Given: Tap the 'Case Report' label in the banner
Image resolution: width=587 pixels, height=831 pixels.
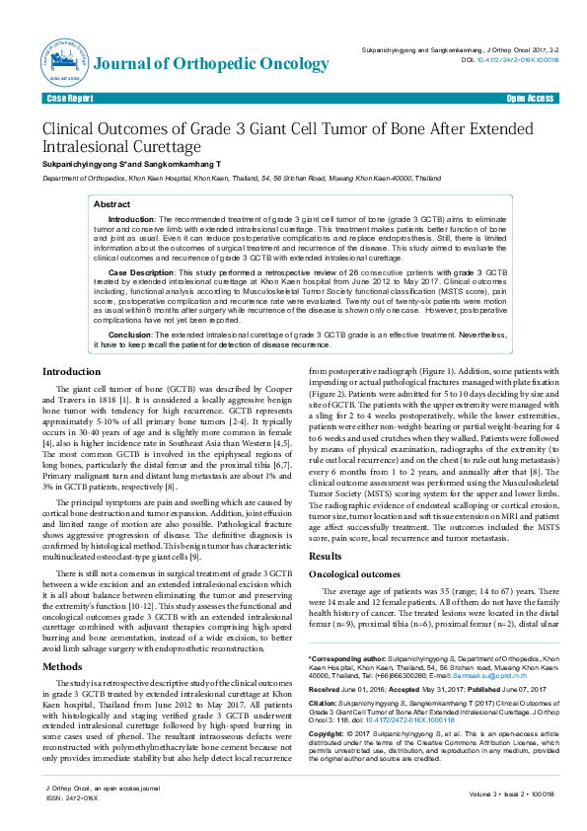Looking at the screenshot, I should pyautogui.click(x=70, y=99).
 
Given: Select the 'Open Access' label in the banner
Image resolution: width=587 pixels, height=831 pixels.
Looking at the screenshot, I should pyautogui.click(x=530, y=99).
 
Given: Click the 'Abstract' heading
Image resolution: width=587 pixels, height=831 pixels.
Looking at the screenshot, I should pyautogui.click(x=111, y=203).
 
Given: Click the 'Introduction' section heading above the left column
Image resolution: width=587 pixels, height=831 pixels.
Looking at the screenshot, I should pyautogui.click(x=70, y=371).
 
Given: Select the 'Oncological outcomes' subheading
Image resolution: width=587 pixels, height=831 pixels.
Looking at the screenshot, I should pyautogui.click(x=355, y=573).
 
